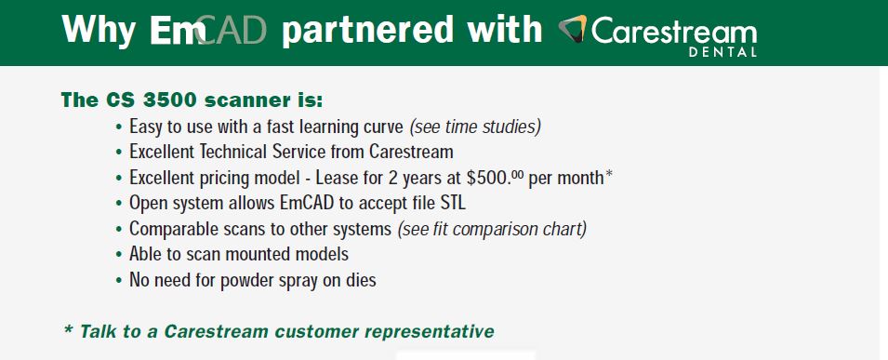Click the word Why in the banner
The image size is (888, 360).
click(98, 30)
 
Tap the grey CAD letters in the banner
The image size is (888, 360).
click(232, 30)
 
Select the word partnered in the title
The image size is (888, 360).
click(367, 31)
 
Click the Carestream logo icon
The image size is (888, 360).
click(573, 28)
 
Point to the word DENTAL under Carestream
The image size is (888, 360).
click(722, 52)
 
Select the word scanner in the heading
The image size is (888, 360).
click(244, 100)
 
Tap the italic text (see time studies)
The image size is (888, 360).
click(475, 127)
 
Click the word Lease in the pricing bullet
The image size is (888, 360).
click(336, 178)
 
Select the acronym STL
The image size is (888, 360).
click(453, 203)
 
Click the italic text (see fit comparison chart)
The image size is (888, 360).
click(492, 229)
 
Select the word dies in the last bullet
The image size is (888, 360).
click(361, 279)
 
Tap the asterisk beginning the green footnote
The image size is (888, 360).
click(69, 329)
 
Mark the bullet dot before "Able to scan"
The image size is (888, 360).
click(118, 255)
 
